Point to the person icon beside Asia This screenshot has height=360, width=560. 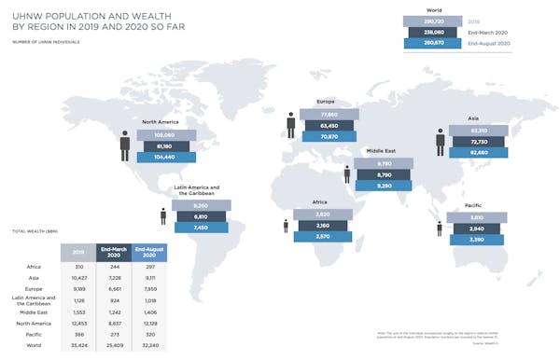[441, 142]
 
